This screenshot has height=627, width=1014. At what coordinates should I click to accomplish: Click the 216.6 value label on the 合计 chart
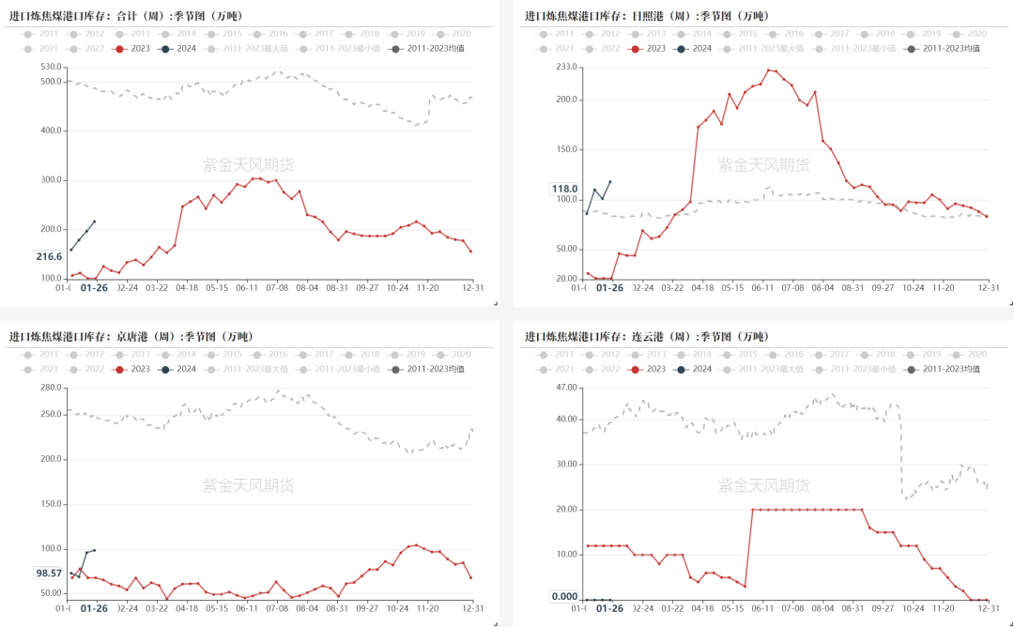pos(49,256)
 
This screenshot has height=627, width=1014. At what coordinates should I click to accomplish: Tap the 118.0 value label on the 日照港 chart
pos(564,189)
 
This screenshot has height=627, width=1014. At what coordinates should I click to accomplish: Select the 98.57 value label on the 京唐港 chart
pos(48,573)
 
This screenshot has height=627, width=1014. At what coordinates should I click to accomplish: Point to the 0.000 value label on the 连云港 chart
pos(564,596)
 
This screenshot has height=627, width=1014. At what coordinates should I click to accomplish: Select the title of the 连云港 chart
pos(646,336)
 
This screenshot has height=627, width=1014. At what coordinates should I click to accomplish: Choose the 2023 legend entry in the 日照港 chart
pos(648,48)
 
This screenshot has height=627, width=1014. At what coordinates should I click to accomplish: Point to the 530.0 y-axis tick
pos(51,67)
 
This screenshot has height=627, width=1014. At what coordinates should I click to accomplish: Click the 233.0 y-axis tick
pos(566,67)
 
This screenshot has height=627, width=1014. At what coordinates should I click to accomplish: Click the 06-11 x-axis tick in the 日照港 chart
pos(763,288)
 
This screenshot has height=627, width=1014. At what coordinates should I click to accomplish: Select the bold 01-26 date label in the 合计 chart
pos(94,288)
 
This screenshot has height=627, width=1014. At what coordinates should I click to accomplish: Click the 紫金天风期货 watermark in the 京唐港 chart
pos(249,485)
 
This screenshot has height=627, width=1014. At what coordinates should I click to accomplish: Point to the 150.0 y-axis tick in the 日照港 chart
pos(566,149)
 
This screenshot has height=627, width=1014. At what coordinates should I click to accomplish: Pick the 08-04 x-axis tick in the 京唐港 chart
pos(306,608)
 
